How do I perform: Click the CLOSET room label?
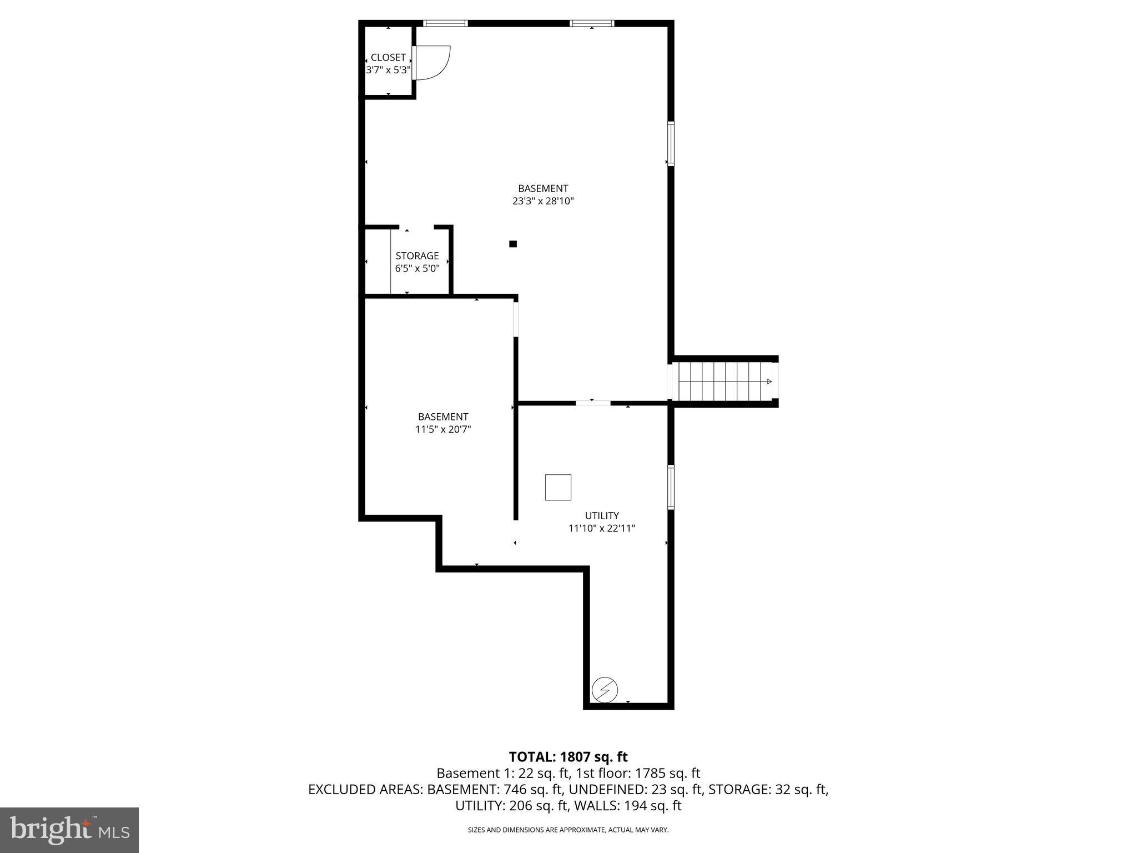pyautogui.click(x=388, y=57)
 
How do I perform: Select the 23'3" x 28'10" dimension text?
pyautogui.click(x=542, y=201)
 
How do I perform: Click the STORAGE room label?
pyautogui.click(x=417, y=255)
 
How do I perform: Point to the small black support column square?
pyautogui.click(x=513, y=244)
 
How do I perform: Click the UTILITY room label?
pyautogui.click(x=601, y=515)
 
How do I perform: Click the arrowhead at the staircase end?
pyautogui.click(x=769, y=382)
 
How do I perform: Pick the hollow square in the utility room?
pyautogui.click(x=558, y=488)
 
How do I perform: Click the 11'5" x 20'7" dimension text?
pyautogui.click(x=443, y=429)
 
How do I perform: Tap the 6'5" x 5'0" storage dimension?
pyautogui.click(x=417, y=268)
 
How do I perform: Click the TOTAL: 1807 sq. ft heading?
pyautogui.click(x=568, y=756)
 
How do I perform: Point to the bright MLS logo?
pyautogui.click(x=69, y=830)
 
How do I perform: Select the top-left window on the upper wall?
pyautogui.click(x=445, y=23)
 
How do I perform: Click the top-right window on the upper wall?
pyautogui.click(x=592, y=23)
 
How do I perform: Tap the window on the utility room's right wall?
pyautogui.click(x=671, y=487)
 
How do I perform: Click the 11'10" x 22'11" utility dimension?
pyautogui.click(x=601, y=528)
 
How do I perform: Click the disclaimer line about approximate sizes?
pyautogui.click(x=568, y=830)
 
